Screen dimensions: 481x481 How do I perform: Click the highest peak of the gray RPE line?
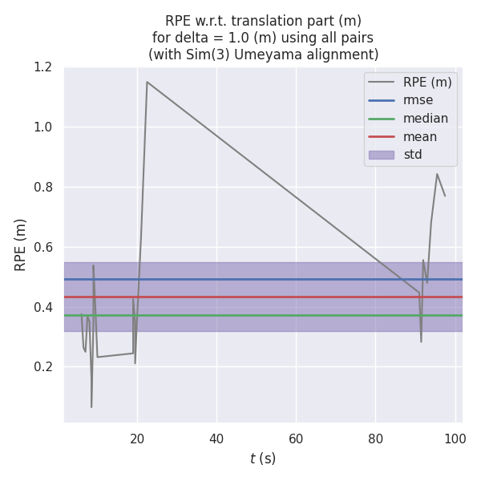click(147, 82)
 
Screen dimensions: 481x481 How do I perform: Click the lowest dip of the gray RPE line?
click(91, 407)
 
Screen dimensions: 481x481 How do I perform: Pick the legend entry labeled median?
click(426, 119)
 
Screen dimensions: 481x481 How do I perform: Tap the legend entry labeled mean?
click(419, 136)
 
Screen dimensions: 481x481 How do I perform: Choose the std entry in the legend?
click(413, 155)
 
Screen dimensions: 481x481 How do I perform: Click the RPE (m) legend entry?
click(427, 82)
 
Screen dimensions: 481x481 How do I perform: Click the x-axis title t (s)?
click(263, 459)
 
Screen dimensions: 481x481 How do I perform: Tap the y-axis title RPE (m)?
click(21, 245)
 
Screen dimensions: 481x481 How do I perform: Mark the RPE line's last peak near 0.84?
click(437, 174)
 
